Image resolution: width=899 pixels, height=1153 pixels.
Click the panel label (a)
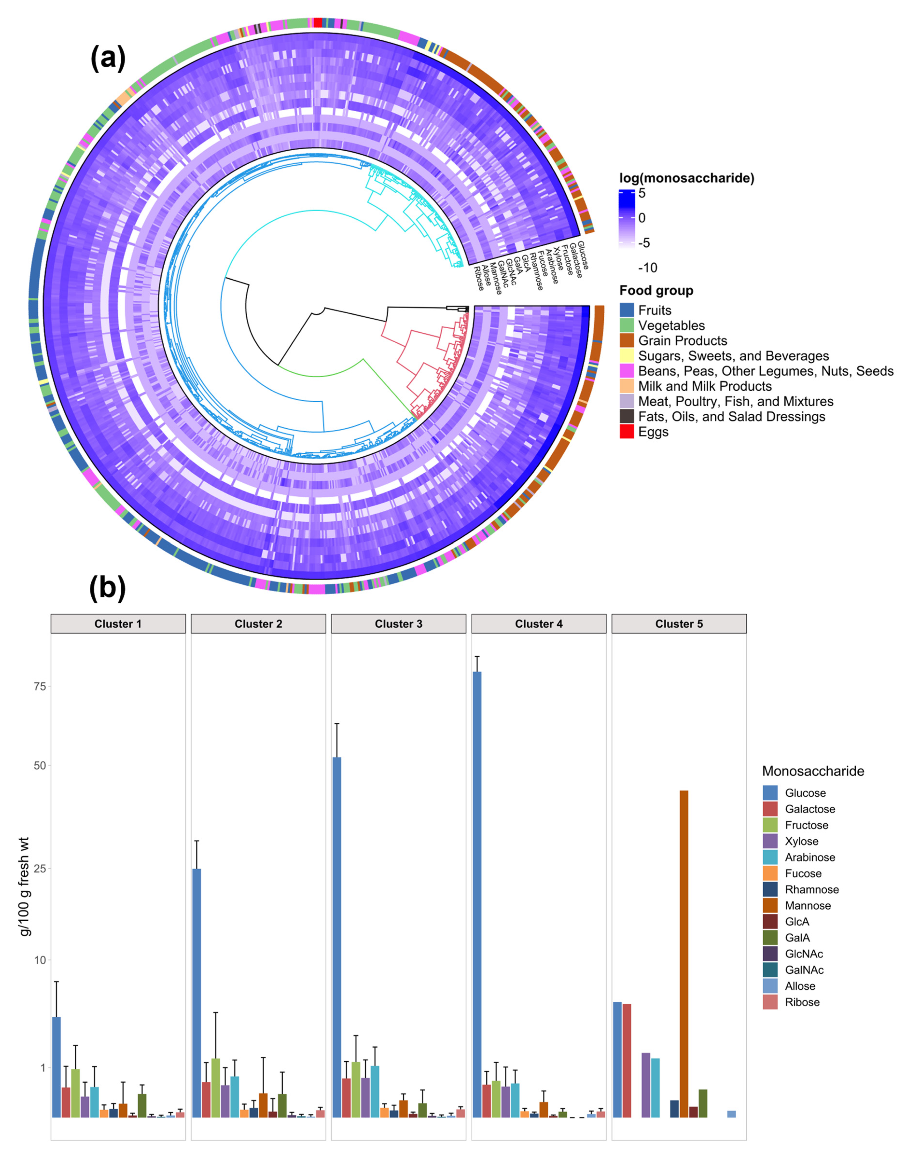pyautogui.click(x=108, y=58)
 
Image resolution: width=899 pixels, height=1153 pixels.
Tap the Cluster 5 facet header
pyautogui.click(x=679, y=623)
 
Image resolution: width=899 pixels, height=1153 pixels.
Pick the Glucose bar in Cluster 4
pyautogui.click(x=477, y=892)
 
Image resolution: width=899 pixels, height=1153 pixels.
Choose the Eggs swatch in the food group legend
pyautogui.click(x=627, y=432)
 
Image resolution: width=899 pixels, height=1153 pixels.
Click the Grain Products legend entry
pyautogui.click(x=682, y=341)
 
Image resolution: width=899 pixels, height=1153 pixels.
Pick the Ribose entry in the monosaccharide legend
pyautogui.click(x=802, y=1002)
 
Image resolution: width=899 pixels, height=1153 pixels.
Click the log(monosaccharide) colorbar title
pyautogui.click(x=686, y=178)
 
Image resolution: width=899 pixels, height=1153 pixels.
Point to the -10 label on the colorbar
pyautogui.click(x=647, y=268)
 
